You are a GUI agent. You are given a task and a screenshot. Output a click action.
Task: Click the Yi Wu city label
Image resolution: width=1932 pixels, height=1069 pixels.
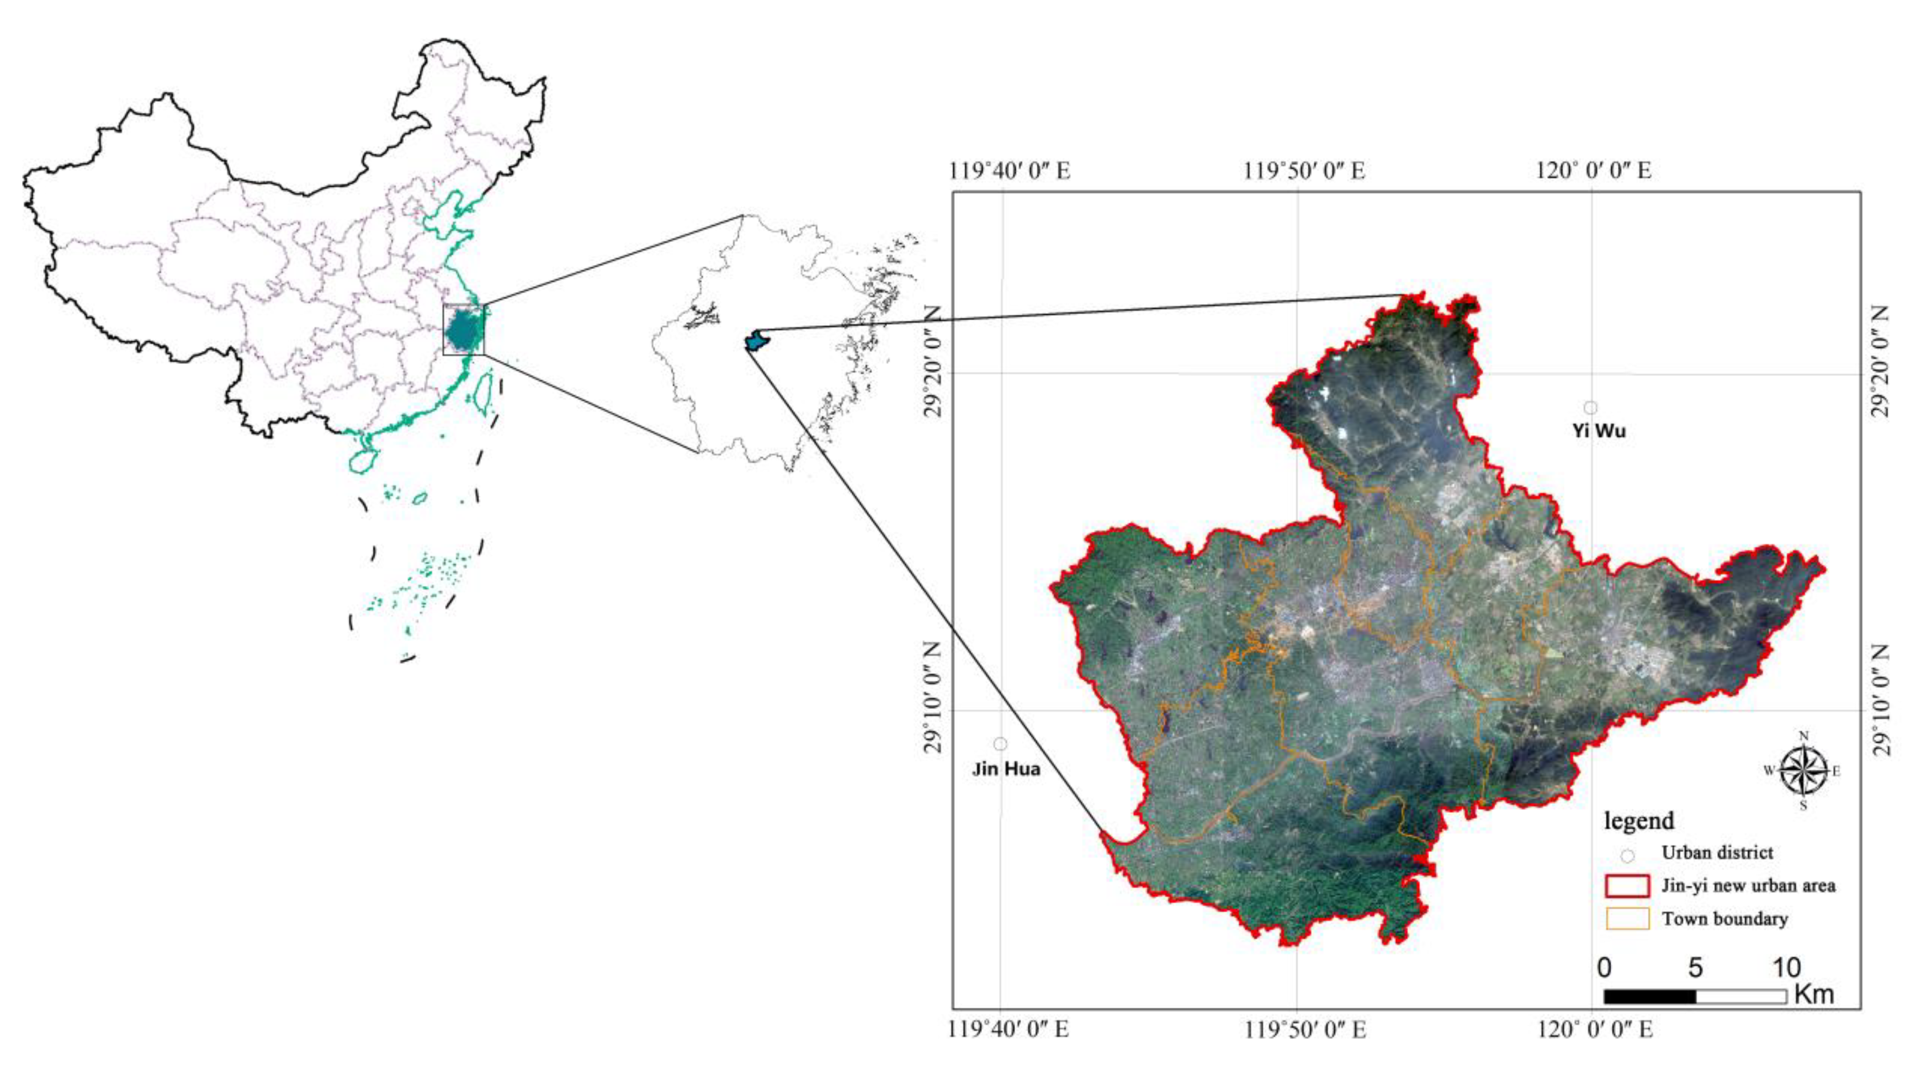coord(1598,431)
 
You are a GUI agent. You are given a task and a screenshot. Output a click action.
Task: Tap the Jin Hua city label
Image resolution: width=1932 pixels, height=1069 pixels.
coord(1006,769)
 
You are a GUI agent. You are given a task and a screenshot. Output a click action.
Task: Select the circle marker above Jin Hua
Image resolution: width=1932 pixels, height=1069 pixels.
coord(1000,743)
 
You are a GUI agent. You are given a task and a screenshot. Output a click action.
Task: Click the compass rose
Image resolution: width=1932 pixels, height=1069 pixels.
coord(1804,770)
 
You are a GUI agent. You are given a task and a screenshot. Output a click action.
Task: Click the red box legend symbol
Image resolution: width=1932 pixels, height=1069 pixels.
coord(1627,886)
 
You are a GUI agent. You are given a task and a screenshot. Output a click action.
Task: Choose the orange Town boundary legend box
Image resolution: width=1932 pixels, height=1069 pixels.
coord(1627,919)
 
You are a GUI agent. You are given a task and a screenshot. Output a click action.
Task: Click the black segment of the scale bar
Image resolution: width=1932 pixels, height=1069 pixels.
coord(1649,996)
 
